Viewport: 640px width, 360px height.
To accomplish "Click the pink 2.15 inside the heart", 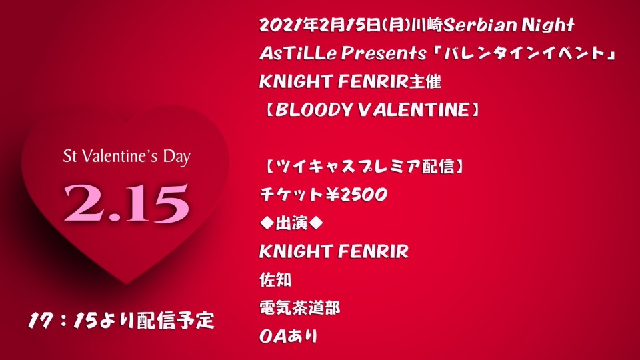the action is [x=126, y=203].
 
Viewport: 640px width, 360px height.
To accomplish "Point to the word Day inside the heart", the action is [x=177, y=157].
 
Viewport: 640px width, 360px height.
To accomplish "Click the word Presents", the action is [x=379, y=53].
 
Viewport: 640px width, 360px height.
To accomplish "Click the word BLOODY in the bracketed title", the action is [x=313, y=109].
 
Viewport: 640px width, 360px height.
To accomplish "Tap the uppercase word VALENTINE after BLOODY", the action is [x=414, y=109].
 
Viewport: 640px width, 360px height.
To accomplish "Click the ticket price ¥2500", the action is [x=355, y=195].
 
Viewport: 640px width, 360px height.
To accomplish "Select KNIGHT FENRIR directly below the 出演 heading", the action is [x=334, y=251].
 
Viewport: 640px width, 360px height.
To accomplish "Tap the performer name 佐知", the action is [x=275, y=279].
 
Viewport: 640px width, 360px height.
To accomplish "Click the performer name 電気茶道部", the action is [x=300, y=307].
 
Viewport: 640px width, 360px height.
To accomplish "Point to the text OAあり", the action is [x=288, y=336].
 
